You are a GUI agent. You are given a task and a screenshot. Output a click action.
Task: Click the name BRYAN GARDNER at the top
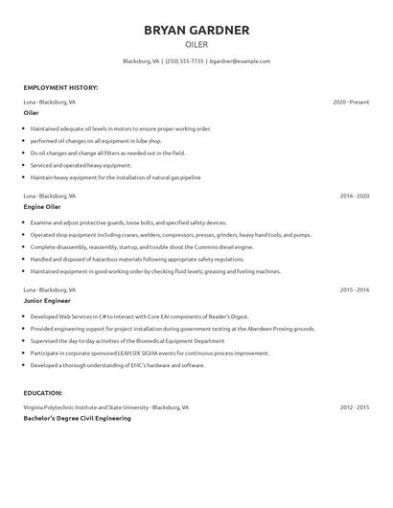pos(196,30)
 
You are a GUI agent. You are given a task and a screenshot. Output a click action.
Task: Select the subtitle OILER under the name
pos(196,44)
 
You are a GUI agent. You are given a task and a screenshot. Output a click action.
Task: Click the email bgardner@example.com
pos(240,60)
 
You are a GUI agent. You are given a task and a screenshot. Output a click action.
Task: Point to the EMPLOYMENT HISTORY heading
pos(60,87)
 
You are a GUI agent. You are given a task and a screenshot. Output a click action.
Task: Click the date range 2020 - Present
pos(351,101)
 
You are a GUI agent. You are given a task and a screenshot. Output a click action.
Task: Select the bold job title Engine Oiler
pos(42,207)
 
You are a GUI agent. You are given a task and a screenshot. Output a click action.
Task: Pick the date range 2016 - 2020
pos(355,196)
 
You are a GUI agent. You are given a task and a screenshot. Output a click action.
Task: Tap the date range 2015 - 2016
pos(355,289)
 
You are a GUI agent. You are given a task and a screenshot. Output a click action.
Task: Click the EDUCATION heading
pos(43,393)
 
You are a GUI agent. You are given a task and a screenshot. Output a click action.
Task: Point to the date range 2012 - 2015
pos(355,406)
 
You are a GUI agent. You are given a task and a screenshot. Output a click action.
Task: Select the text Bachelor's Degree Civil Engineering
pos(77,418)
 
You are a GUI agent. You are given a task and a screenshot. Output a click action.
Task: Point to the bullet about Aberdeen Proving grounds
pos(173,327)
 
